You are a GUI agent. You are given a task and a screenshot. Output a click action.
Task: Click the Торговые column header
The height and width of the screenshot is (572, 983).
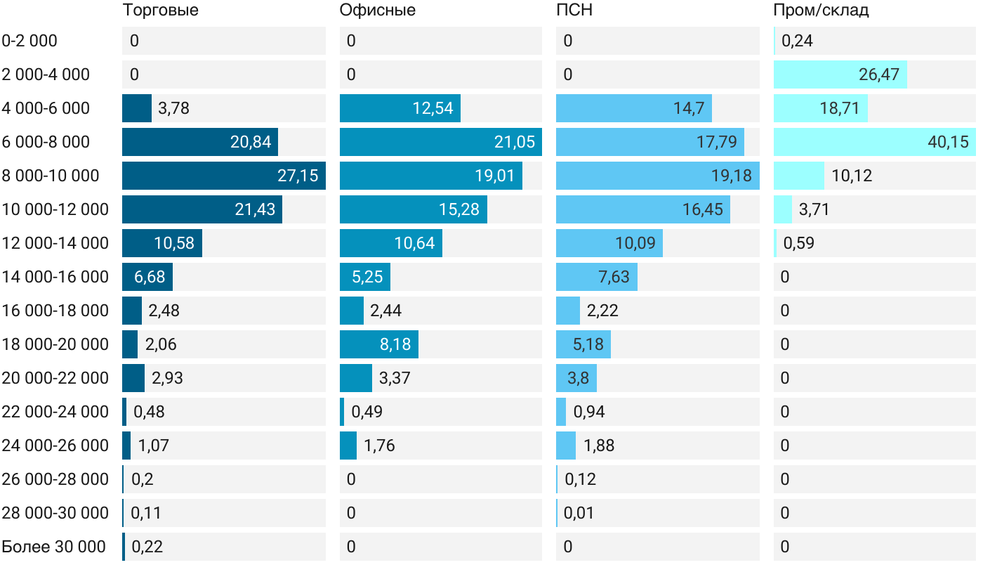tap(160, 10)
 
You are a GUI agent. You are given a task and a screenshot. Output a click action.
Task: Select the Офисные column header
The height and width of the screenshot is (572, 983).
tap(377, 10)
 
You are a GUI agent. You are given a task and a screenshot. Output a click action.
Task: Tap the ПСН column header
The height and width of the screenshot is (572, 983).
tap(569, 10)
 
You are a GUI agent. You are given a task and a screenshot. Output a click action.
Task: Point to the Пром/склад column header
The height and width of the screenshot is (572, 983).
tap(821, 10)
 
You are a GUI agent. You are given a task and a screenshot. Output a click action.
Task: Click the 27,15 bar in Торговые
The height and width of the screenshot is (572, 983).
tap(223, 176)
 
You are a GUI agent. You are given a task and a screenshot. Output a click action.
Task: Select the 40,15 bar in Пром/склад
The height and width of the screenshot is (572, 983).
tap(874, 142)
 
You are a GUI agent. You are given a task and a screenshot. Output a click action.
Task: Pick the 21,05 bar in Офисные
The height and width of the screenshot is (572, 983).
tap(440, 142)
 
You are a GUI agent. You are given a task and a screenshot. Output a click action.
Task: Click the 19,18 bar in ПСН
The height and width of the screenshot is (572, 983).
tap(657, 176)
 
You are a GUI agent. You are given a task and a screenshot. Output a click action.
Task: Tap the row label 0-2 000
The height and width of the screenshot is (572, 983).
tap(29, 41)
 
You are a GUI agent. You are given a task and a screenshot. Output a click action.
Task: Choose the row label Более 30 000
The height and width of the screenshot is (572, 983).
tap(53, 547)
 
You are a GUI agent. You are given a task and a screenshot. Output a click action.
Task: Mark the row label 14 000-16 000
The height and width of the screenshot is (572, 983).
tap(55, 277)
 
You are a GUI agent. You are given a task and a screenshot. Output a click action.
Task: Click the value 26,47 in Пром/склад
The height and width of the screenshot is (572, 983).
tap(878, 74)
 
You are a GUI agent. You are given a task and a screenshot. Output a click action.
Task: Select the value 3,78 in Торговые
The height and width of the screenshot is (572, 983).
tap(173, 108)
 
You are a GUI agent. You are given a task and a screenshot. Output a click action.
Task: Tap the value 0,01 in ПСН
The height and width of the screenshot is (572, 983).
tap(579, 513)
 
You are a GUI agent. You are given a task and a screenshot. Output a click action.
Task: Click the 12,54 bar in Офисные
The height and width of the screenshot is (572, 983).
tap(400, 108)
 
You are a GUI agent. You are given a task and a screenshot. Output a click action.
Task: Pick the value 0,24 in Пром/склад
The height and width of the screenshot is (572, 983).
tap(797, 41)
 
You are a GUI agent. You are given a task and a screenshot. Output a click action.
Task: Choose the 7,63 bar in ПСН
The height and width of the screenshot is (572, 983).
tap(596, 277)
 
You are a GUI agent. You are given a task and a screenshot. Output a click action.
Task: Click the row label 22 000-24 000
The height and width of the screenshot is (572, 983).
tap(55, 412)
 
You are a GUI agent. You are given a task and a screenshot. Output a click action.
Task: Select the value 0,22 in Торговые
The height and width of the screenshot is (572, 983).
tap(147, 547)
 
